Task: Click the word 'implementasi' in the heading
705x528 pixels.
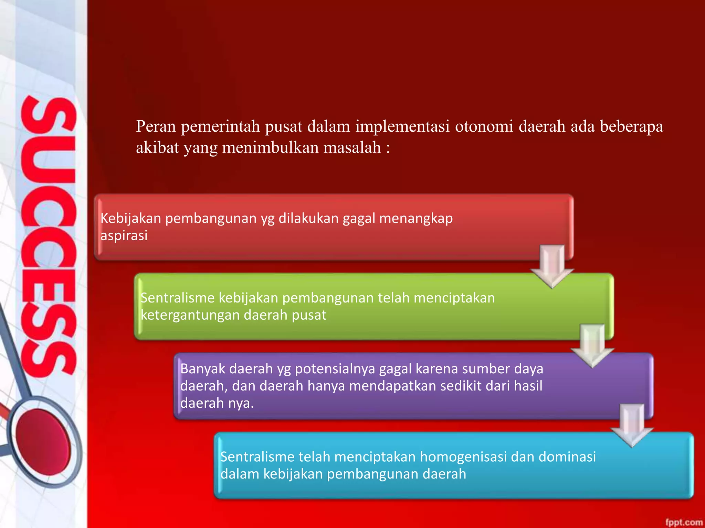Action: tap(402, 126)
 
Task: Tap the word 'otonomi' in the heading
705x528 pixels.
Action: tap(484, 126)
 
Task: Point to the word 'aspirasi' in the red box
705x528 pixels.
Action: tap(124, 236)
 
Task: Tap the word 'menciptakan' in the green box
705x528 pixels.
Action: tap(454, 298)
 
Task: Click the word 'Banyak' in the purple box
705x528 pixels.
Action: tap(202, 369)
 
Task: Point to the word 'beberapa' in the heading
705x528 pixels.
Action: tap(631, 126)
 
